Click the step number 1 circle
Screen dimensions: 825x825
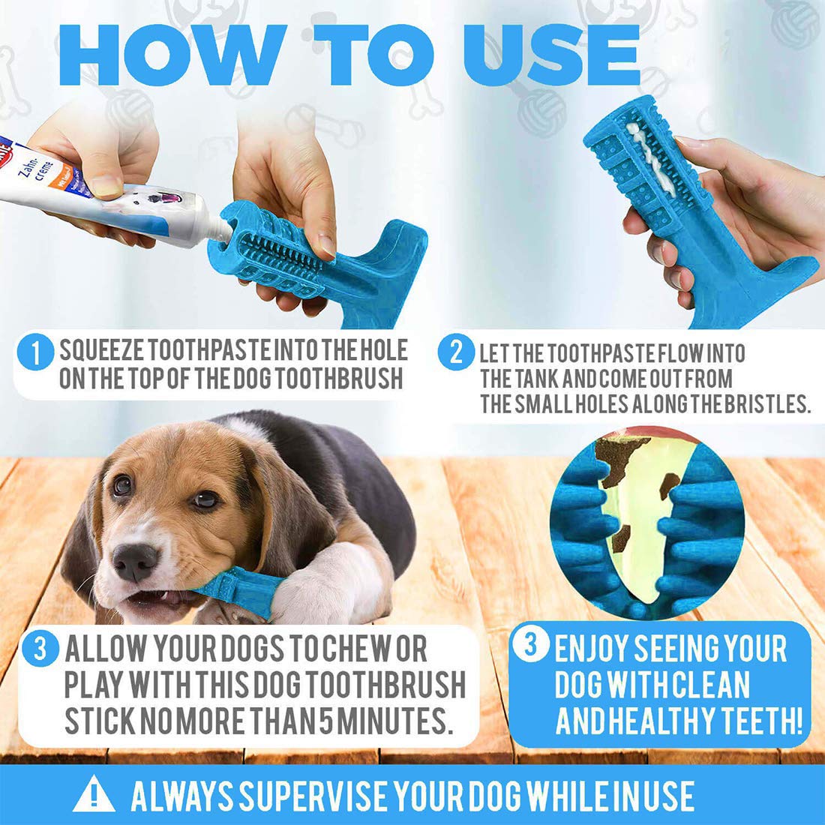pyautogui.click(x=35, y=352)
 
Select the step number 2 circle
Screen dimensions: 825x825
pyautogui.click(x=456, y=352)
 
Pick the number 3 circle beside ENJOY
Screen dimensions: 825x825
pyautogui.click(x=530, y=643)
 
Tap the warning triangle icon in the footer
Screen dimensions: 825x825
pyautogui.click(x=94, y=794)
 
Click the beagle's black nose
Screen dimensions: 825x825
pyautogui.click(x=135, y=562)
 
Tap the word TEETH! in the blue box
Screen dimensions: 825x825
pyautogui.click(x=761, y=721)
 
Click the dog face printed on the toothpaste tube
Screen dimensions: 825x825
pyautogui.click(x=157, y=202)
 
